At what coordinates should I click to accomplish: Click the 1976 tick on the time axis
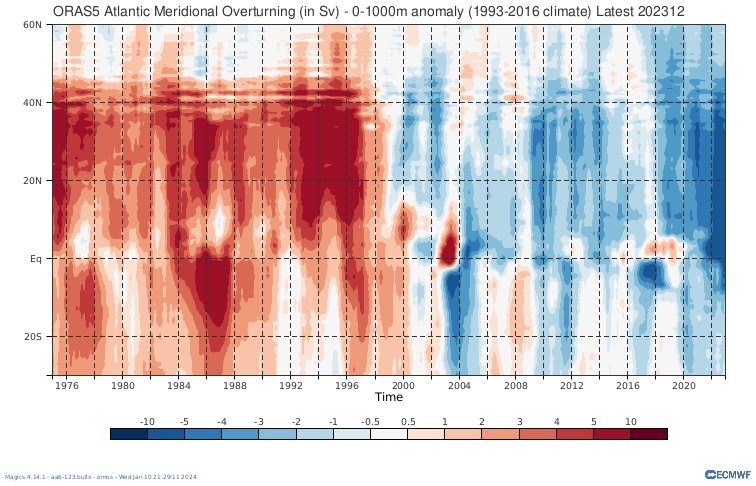pyautogui.click(x=67, y=384)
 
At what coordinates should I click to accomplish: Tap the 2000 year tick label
pyautogui.click(x=403, y=384)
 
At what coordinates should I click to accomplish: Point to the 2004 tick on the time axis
pyautogui.click(x=459, y=384)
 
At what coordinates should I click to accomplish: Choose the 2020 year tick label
pyautogui.click(x=684, y=384)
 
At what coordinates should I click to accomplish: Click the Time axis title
pyautogui.click(x=389, y=396)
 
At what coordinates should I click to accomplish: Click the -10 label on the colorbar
pyautogui.click(x=146, y=422)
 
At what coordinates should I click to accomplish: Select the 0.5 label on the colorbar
pyautogui.click(x=408, y=422)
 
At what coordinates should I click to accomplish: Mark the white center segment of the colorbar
pyautogui.click(x=389, y=434)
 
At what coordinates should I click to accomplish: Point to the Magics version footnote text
pyautogui.click(x=100, y=476)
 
